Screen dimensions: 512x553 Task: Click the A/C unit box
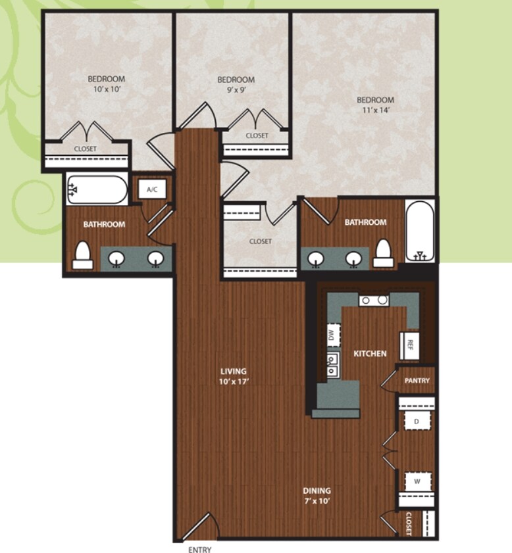click(x=152, y=189)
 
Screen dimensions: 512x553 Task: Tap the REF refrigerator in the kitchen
click(x=409, y=345)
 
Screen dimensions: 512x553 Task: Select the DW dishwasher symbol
click(x=333, y=335)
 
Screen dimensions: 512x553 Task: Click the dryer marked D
click(x=417, y=421)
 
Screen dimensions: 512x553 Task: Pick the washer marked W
click(x=417, y=481)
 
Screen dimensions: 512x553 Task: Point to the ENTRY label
click(x=199, y=549)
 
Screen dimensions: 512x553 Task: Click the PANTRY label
click(x=417, y=381)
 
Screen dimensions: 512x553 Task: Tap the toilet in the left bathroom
click(x=82, y=256)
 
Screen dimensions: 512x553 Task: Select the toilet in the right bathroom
click(x=383, y=253)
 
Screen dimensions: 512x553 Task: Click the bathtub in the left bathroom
click(x=97, y=190)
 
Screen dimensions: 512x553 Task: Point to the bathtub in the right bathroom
click(x=420, y=231)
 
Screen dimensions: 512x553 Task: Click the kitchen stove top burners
click(x=374, y=301)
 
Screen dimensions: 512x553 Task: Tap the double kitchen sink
click(x=332, y=365)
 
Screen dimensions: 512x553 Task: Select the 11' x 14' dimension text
click(x=375, y=110)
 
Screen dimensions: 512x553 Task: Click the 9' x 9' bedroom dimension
click(x=236, y=89)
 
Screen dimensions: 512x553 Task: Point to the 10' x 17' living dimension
click(x=234, y=381)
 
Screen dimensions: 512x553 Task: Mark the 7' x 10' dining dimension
click(x=317, y=500)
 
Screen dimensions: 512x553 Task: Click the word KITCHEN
click(x=370, y=353)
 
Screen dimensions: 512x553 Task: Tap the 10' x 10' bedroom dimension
click(x=107, y=89)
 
